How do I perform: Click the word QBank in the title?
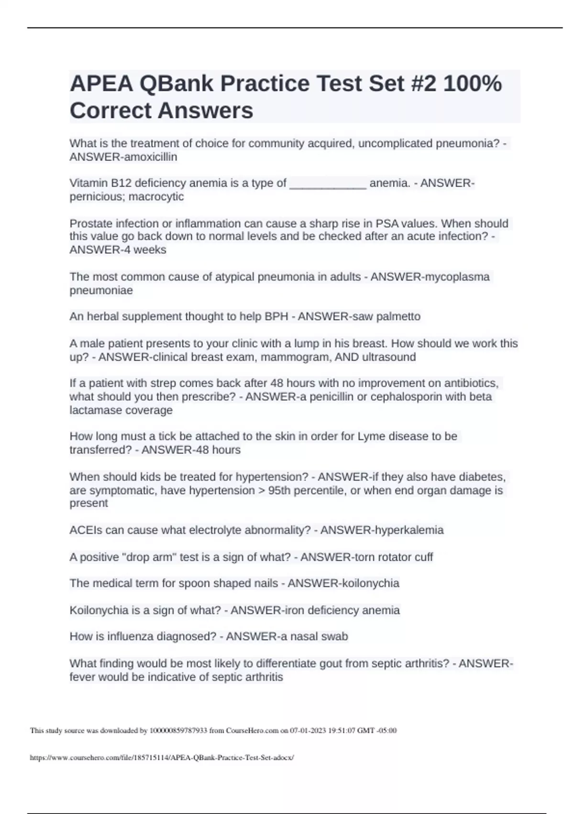(x=176, y=84)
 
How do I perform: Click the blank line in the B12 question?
(x=328, y=183)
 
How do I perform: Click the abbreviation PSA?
(x=387, y=224)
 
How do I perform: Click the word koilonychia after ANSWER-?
(x=368, y=583)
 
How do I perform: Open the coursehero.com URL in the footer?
(x=162, y=757)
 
